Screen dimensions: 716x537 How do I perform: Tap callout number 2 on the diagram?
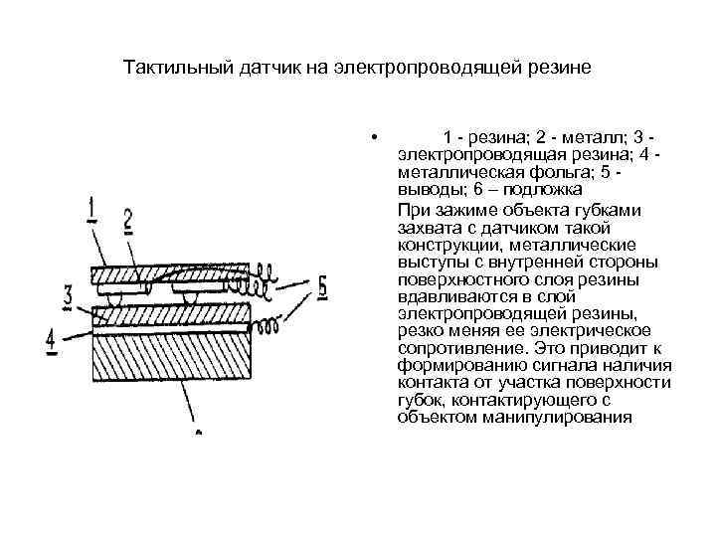128,221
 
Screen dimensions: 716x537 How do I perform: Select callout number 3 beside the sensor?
67,296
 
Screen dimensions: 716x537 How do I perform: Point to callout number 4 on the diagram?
52,340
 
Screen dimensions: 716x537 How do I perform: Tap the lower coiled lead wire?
268,325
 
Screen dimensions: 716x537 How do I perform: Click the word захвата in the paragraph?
426,227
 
